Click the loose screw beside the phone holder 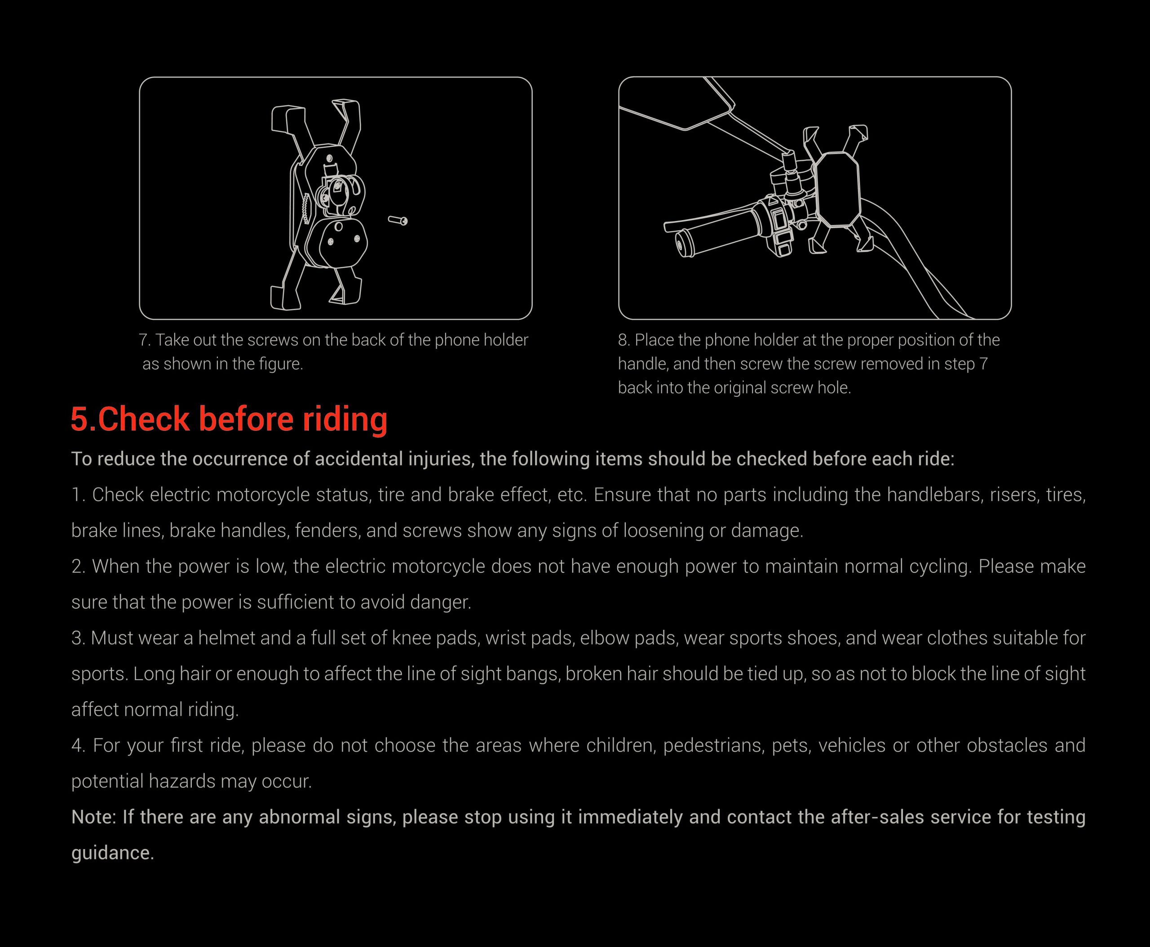(398, 221)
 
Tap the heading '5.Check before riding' (229, 419)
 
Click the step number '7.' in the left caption (145, 340)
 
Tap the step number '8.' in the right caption (624, 340)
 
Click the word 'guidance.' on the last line (113, 853)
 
